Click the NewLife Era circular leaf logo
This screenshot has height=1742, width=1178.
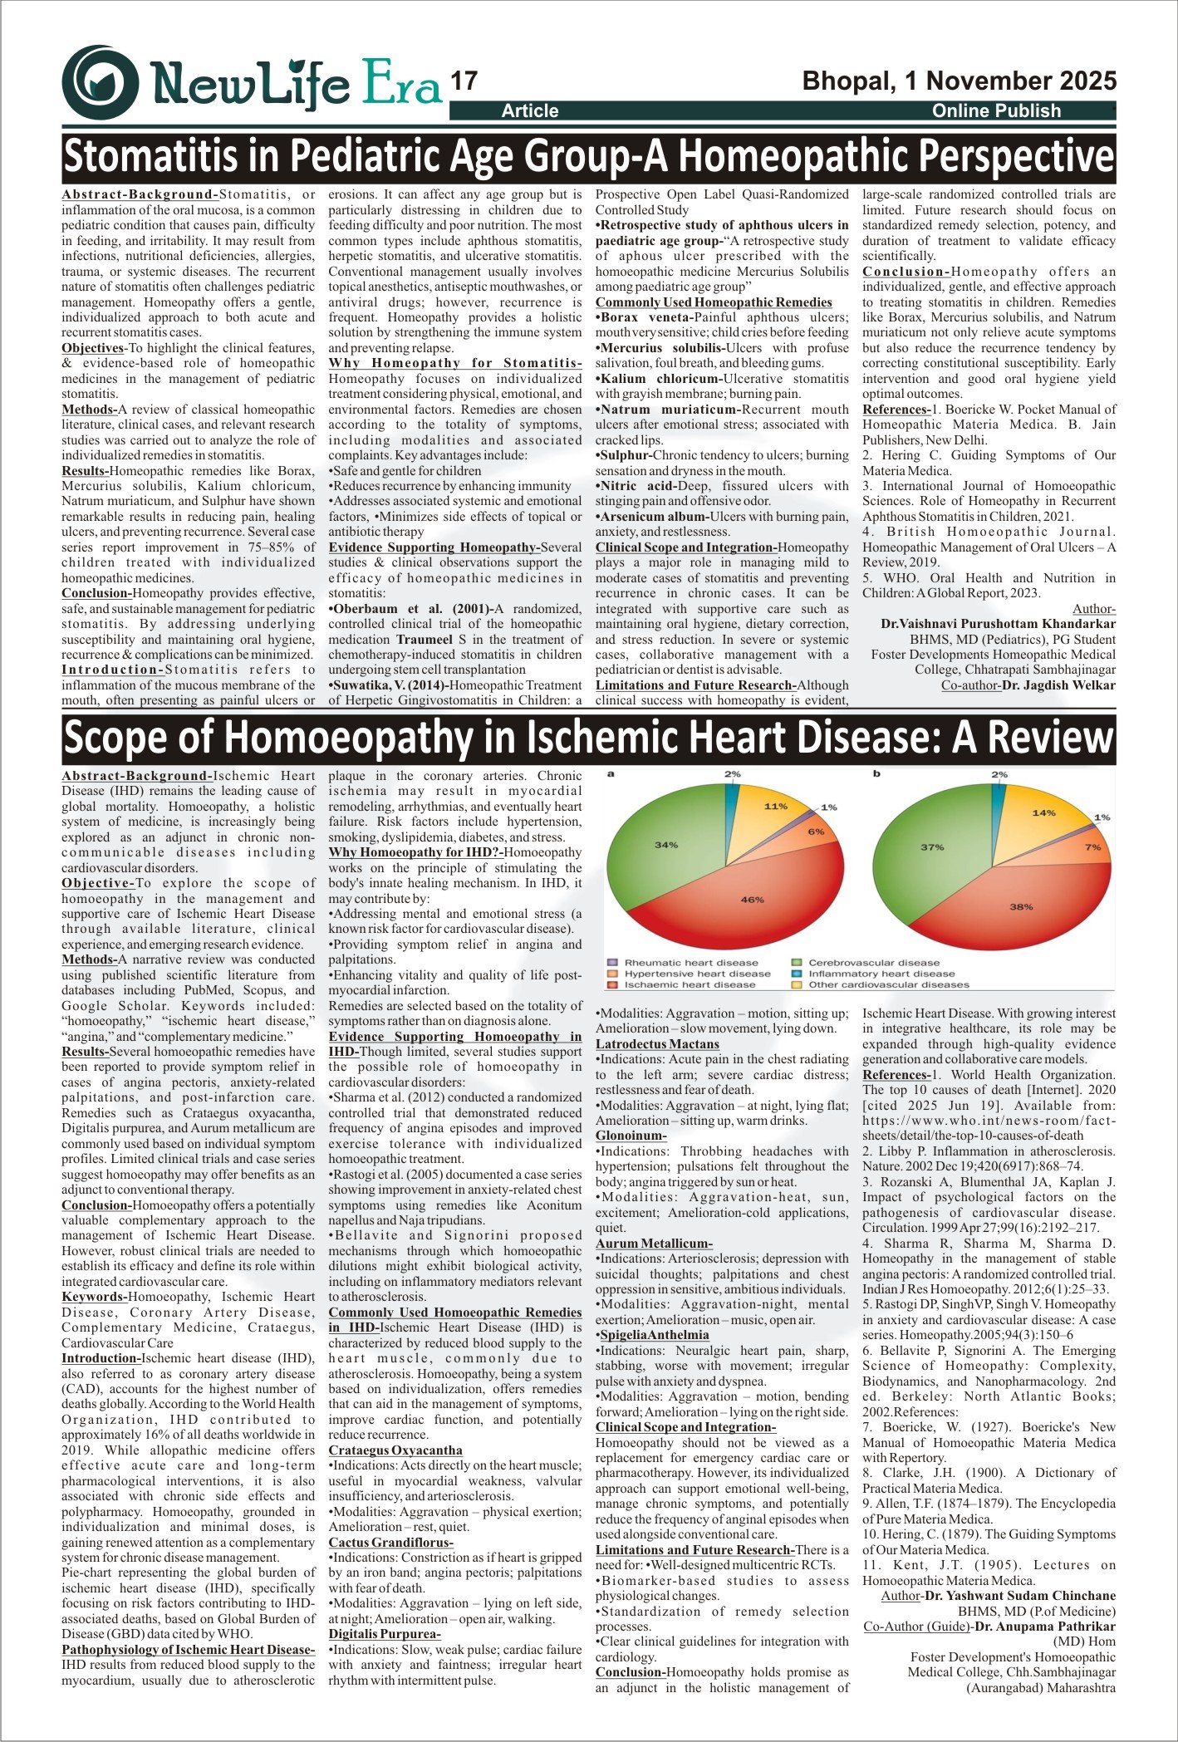pos(101,82)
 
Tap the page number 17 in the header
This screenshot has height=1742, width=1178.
pos(464,81)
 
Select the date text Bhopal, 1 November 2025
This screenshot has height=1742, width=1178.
pos(959,81)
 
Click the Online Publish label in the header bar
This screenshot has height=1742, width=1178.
pos(996,110)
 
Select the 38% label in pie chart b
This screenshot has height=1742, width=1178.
pos(1021,907)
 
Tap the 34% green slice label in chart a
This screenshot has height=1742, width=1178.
pos(665,845)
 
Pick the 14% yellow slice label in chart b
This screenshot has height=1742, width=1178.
pos(1043,813)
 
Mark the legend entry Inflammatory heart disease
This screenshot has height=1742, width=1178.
pos(881,974)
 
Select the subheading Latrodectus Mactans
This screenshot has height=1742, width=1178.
pos(657,1044)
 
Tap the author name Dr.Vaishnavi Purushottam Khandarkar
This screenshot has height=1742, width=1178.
pos(998,624)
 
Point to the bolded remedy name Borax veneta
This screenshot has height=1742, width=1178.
pos(645,317)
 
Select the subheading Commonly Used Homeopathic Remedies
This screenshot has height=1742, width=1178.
pos(714,302)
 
